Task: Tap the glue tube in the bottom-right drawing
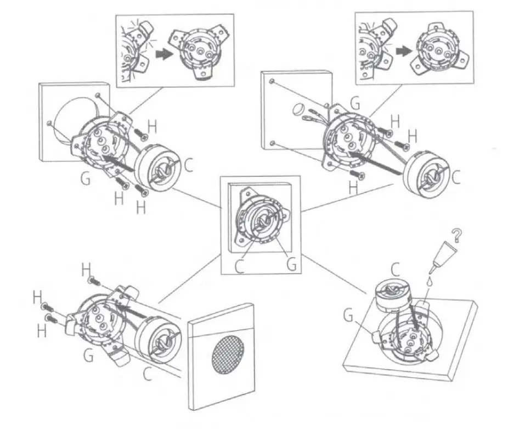(445, 256)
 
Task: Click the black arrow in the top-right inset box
(404, 50)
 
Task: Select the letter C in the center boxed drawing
(240, 265)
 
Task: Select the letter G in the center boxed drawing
(292, 264)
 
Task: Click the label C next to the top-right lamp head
(456, 177)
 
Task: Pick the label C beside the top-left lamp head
(188, 165)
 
